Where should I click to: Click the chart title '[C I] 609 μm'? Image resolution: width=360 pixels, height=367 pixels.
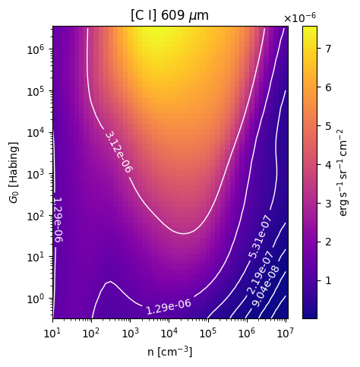click(169, 16)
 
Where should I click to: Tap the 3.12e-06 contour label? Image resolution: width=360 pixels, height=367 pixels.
click(118, 152)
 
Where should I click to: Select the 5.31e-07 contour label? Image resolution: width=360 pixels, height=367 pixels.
click(260, 237)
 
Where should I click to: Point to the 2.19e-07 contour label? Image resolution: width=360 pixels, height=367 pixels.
click(261, 273)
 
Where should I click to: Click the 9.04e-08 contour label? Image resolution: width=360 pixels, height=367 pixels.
click(266, 286)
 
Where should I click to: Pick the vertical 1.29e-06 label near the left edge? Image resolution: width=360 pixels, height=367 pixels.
click(58, 220)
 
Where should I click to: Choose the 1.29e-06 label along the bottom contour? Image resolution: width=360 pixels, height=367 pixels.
click(169, 307)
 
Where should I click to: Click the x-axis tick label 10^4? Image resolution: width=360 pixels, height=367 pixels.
click(169, 333)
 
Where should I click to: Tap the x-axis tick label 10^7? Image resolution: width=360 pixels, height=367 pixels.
click(286, 333)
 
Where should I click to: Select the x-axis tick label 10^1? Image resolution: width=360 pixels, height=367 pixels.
click(52, 333)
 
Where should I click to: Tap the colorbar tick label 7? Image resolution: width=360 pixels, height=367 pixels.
click(328, 49)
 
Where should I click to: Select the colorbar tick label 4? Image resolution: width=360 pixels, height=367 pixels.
click(328, 165)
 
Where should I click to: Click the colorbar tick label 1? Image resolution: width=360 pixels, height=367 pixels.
click(328, 280)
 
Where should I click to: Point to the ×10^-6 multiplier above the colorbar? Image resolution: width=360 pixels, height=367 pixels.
click(300, 17)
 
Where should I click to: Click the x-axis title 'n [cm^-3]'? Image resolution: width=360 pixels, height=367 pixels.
click(169, 351)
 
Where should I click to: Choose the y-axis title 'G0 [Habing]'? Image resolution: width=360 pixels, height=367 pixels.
click(14, 172)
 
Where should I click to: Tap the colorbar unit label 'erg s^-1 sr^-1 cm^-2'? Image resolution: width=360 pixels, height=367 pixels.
click(343, 172)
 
